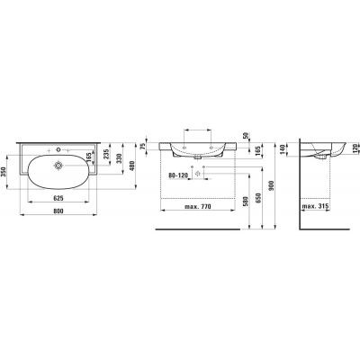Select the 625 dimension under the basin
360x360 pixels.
point(58,196)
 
